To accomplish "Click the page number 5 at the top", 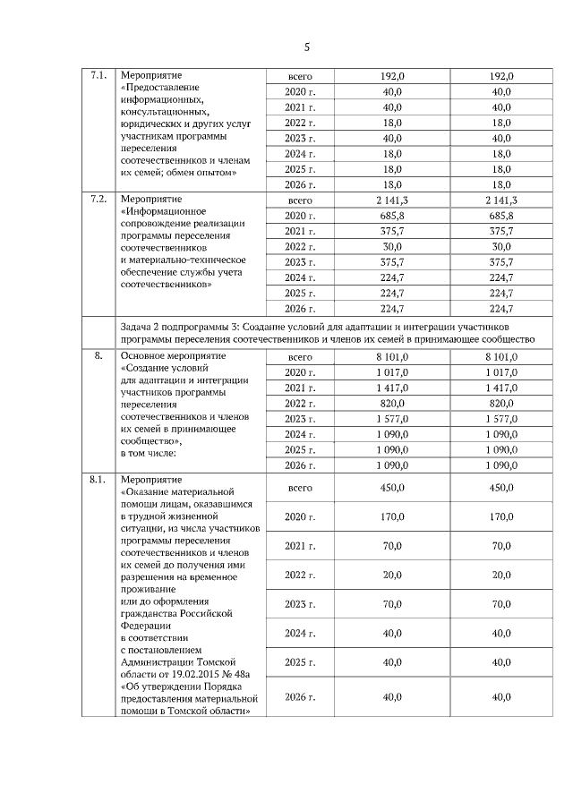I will [307, 47].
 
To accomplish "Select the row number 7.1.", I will [98, 76].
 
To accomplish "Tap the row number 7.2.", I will [98, 199].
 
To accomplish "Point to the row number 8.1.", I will [98, 480].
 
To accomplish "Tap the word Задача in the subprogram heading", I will [137, 327].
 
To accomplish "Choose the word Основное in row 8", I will [144, 356].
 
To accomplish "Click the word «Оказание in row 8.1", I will [147, 492].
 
